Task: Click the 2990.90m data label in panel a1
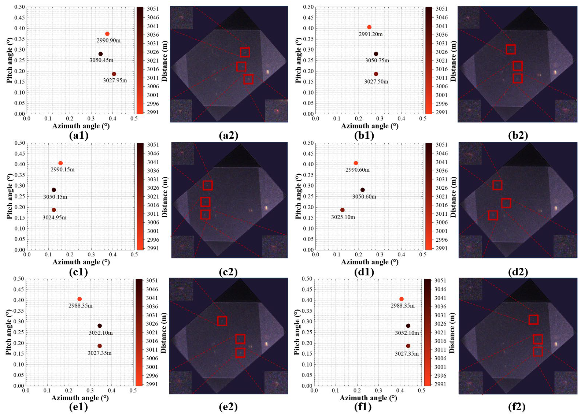click(108, 40)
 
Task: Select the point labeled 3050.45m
click(101, 54)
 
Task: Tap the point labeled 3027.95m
click(114, 74)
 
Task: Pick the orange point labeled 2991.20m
click(369, 27)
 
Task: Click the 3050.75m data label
click(377, 60)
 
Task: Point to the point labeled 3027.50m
click(376, 74)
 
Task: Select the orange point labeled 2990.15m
click(60, 163)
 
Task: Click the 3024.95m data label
click(55, 218)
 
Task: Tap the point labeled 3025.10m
click(343, 210)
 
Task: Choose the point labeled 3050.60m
click(363, 190)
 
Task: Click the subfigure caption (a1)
click(79, 135)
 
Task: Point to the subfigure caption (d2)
click(518, 272)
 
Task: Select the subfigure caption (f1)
click(363, 407)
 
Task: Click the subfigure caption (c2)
click(228, 272)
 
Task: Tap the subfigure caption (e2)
click(228, 407)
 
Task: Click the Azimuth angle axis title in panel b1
click(370, 126)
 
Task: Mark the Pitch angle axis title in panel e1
click(9, 332)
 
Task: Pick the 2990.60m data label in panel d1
click(358, 170)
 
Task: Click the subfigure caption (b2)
click(518, 135)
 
